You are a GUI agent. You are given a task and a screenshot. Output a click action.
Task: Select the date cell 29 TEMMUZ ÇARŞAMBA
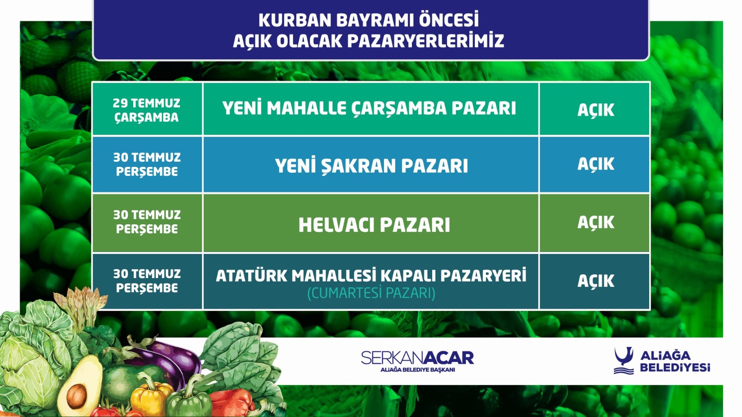147,109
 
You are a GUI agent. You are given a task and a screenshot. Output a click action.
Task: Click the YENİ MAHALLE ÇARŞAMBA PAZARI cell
371,109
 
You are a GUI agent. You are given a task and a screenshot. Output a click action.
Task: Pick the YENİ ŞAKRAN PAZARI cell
371,164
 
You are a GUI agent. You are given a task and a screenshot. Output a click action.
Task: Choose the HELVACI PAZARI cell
371,223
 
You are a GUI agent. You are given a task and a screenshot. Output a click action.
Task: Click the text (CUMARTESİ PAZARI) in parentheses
371,294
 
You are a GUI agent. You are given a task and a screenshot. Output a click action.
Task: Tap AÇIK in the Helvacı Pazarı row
595,222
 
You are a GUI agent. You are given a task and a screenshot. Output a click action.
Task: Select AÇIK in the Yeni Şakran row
595,164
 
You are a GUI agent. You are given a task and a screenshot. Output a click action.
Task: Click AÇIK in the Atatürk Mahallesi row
595,281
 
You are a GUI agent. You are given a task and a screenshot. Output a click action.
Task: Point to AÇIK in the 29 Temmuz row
595,109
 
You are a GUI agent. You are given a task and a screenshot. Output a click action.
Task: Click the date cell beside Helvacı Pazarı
147,223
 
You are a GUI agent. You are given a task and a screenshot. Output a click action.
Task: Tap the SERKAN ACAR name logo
417,357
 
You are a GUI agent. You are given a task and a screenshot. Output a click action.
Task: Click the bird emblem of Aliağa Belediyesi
624,360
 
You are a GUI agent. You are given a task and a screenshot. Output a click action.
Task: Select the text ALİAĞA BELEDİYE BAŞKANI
417,370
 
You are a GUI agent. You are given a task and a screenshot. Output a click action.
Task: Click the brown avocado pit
77,396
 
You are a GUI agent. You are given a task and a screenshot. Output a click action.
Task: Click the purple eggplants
166,361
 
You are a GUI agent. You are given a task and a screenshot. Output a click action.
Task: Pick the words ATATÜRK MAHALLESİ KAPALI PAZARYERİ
371,276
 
